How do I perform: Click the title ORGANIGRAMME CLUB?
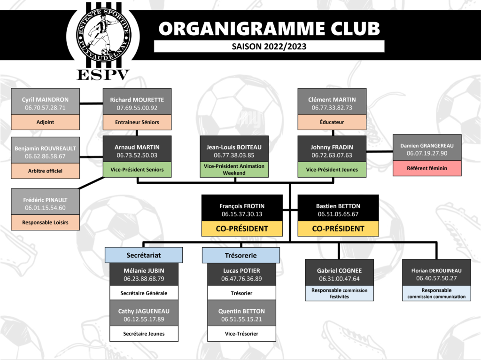tap(269, 29)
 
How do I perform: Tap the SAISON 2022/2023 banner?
tap(269, 46)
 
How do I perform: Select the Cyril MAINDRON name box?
tap(45, 103)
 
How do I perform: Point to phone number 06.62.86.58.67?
tap(45, 156)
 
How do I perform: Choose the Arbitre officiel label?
tap(45, 171)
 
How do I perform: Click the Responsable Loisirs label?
tap(45, 222)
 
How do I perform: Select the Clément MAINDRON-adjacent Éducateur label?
tap(332, 122)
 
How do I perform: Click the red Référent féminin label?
tap(427, 168)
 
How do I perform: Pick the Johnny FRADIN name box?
tap(332, 150)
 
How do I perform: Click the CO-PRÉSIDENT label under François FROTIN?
tap(242, 229)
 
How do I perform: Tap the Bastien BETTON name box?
tap(338, 210)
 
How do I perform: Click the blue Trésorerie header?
tap(241, 255)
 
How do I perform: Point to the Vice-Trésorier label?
tap(241, 334)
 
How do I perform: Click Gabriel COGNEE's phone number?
tap(339, 279)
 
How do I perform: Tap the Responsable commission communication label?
tap(436, 293)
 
